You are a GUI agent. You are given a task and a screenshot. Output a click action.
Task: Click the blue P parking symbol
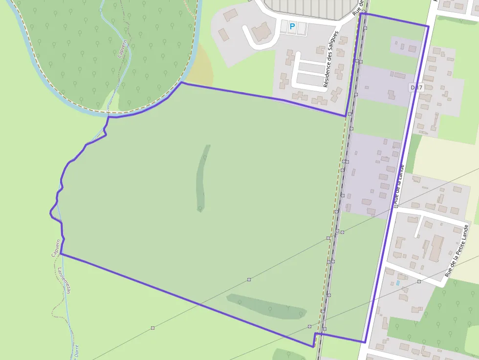[x=292, y=26]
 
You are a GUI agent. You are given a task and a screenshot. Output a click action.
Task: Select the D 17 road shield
[x=415, y=87]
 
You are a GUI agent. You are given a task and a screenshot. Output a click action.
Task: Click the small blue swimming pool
[x=398, y=283]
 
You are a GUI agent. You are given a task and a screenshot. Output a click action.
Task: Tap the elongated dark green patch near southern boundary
[x=267, y=306]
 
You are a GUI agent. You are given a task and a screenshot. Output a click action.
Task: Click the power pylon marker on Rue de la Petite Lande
[x=419, y=281]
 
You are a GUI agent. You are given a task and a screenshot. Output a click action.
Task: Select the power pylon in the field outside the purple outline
[x=153, y=327]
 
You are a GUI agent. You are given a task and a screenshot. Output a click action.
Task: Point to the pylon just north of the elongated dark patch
[x=249, y=279]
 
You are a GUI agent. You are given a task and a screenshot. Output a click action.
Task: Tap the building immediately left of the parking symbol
[x=261, y=32]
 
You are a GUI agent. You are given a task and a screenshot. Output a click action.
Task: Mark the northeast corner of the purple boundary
[x=428, y=26]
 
